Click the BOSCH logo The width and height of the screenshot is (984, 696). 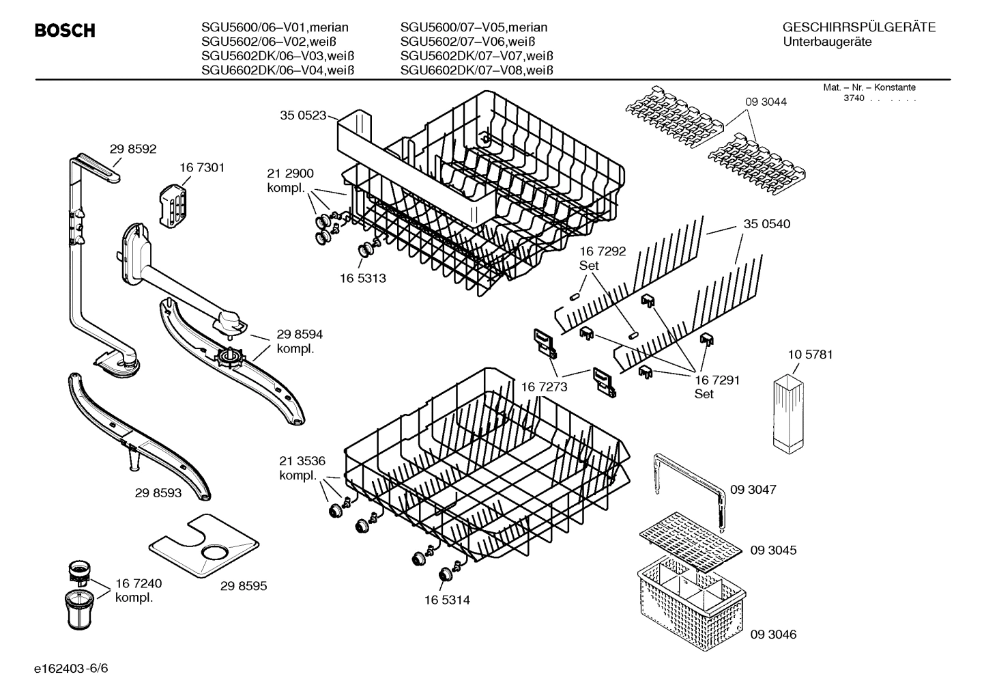[x=65, y=31]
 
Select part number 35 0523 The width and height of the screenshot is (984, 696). [x=303, y=115]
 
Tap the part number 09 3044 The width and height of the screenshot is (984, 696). [x=766, y=102]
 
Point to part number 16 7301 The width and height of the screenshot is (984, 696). [x=202, y=167]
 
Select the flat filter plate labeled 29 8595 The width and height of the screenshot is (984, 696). [x=203, y=544]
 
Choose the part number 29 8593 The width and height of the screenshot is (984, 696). [x=158, y=492]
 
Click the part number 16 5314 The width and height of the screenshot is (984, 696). [x=447, y=600]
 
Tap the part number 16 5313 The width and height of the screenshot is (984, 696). [x=363, y=278]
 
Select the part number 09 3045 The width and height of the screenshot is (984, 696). [x=773, y=550]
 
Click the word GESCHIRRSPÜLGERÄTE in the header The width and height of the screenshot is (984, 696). [x=859, y=28]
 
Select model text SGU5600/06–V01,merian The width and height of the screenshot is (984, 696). [x=275, y=28]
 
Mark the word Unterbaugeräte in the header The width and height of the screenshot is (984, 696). [x=827, y=42]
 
